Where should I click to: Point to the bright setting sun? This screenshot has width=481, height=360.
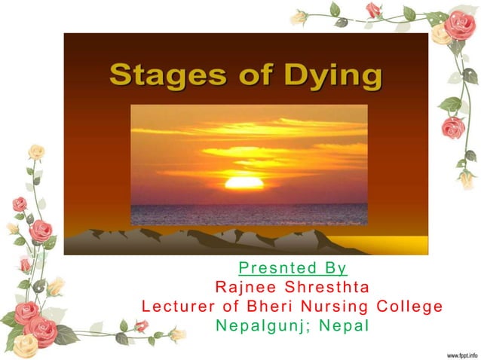244,182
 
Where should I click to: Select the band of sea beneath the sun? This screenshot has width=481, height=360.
249,212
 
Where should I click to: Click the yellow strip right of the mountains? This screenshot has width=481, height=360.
400,246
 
